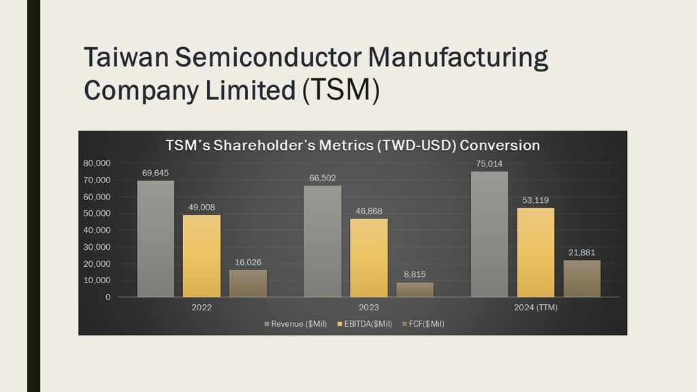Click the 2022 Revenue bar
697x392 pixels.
(155, 238)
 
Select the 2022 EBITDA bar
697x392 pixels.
(201, 256)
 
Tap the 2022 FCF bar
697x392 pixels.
(248, 283)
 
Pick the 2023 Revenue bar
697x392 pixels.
(322, 241)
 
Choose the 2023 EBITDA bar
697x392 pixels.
(368, 257)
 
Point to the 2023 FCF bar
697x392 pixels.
(415, 289)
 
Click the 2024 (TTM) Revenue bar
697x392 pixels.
(489, 234)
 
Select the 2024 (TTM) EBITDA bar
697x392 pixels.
(536, 252)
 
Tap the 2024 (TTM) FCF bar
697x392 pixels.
(582, 278)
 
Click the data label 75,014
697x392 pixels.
(489, 163)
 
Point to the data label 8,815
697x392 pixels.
(415, 274)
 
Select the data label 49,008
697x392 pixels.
(201, 207)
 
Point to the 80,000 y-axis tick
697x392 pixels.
(97, 163)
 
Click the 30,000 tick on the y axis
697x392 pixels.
(97, 247)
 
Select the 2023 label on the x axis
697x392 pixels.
(368, 308)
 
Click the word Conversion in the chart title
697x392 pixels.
(500, 146)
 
